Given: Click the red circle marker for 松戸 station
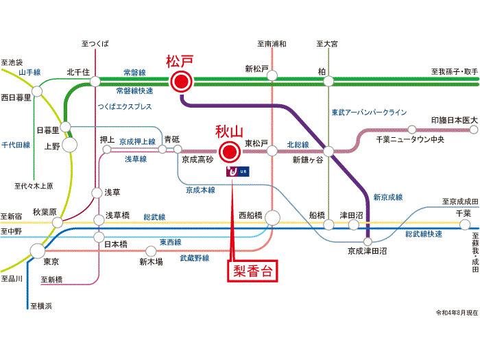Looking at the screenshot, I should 181,82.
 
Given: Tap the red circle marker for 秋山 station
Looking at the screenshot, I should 230,150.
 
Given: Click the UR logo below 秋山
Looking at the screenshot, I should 235,171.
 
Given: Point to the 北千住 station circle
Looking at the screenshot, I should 94,82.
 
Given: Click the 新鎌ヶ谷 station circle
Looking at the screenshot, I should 330,150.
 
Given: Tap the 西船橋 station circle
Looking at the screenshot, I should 272,218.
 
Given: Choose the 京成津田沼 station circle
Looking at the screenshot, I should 368,241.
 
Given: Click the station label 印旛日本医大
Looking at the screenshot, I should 455,120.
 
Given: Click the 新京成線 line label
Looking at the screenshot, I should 388,197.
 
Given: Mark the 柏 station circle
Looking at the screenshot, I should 329,82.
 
